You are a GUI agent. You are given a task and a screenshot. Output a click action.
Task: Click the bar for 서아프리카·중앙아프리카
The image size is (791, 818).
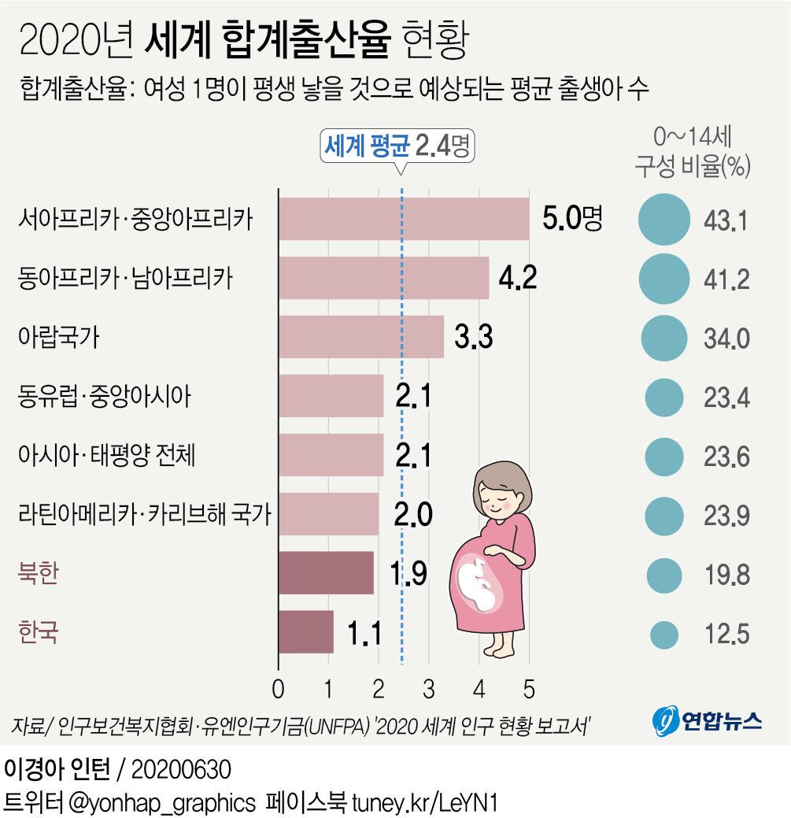403,219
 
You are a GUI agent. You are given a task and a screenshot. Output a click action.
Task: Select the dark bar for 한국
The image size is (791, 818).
306,631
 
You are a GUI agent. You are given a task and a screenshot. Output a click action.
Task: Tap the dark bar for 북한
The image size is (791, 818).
326,572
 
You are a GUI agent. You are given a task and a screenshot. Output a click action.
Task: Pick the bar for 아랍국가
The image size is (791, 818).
360,337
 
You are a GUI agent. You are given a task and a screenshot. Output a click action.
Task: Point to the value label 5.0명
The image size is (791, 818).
572,219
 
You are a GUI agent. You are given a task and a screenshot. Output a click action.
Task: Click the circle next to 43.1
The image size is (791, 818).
664,220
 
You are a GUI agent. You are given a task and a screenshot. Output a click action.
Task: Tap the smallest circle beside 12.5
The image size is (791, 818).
664,634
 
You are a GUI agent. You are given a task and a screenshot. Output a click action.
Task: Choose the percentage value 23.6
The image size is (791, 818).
726,457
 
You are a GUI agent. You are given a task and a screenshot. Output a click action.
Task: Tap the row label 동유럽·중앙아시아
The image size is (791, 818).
104,396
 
